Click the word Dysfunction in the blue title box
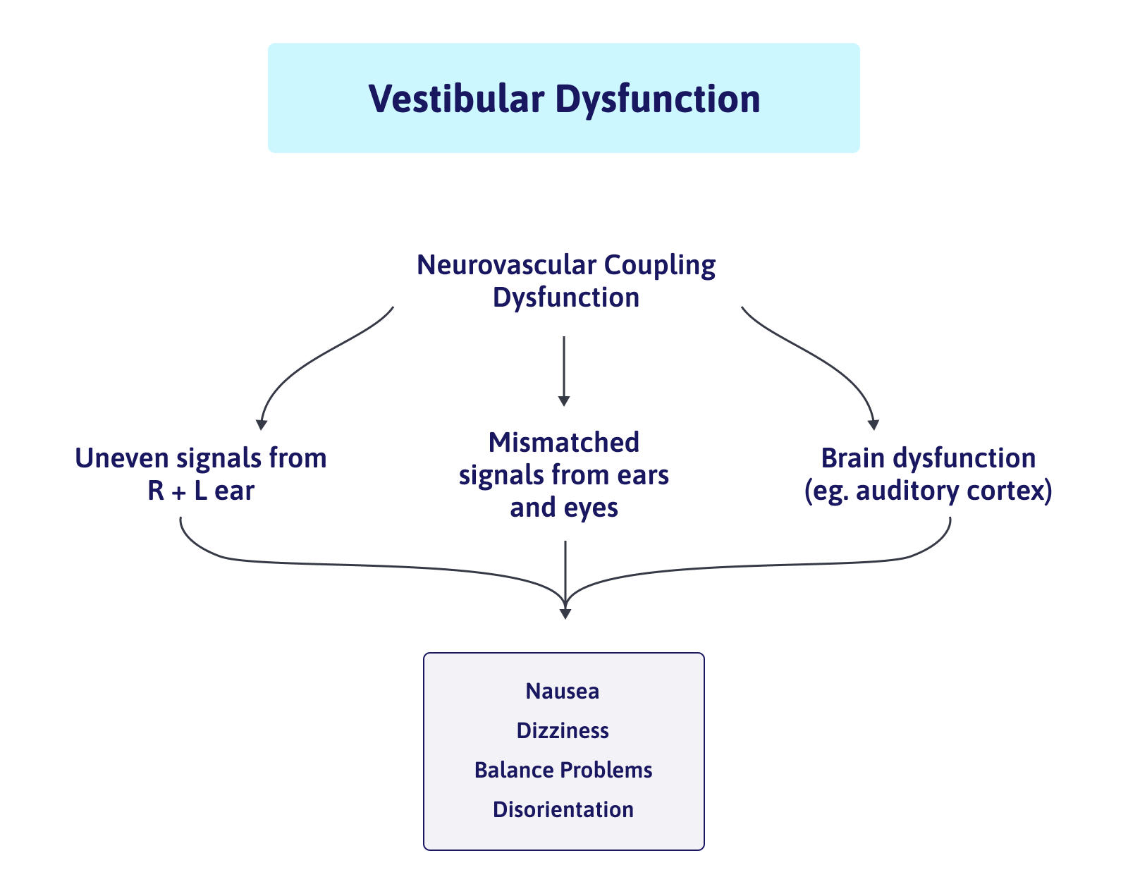point(657,99)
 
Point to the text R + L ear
point(201,491)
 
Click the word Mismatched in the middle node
point(563,443)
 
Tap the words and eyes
point(563,508)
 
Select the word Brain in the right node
point(852,458)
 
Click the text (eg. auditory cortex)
point(928,491)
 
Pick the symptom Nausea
point(563,691)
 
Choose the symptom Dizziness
point(563,730)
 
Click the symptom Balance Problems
point(563,770)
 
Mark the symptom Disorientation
point(563,809)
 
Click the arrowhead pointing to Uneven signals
point(262,424)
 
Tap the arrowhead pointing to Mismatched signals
point(563,401)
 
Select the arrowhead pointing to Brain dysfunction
point(873,424)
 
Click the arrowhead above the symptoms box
point(565,613)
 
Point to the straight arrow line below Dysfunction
point(563,367)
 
